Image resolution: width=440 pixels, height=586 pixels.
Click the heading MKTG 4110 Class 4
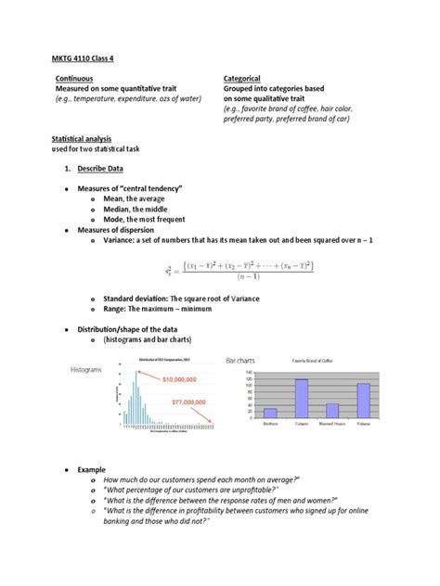(x=85, y=58)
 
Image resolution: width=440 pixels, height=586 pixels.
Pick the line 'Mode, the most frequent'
(x=145, y=220)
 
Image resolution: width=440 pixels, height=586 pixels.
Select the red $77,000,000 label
(x=188, y=405)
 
